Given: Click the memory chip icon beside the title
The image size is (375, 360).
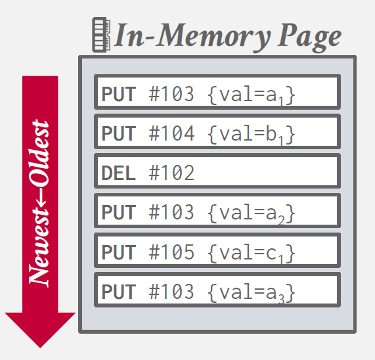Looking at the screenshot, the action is [101, 35].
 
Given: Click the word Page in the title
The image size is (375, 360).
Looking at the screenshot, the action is [309, 38].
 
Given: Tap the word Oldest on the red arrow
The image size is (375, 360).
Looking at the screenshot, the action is [39, 154].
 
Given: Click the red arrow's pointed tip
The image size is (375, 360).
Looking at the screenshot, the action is [40, 348].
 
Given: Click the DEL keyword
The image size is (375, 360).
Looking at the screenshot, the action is [119, 173].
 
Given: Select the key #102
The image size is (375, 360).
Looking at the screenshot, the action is [171, 173].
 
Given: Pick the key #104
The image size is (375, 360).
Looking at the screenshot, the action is [171, 133].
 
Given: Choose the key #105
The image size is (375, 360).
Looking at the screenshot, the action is [171, 252].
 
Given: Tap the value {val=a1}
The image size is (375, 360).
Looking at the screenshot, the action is [252, 95].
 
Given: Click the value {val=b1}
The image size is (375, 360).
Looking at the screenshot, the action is [252, 134].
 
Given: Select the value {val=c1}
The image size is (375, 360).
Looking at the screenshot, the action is [252, 253].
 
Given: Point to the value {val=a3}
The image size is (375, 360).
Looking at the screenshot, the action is [252, 292].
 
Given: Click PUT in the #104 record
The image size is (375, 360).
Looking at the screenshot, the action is [119, 133].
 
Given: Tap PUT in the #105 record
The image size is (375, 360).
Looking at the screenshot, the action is [119, 252].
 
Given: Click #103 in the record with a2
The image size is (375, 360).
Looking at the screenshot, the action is [171, 212].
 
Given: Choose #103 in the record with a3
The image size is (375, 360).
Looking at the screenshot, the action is [171, 292].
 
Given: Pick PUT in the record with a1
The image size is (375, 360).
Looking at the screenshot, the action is [119, 94].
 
